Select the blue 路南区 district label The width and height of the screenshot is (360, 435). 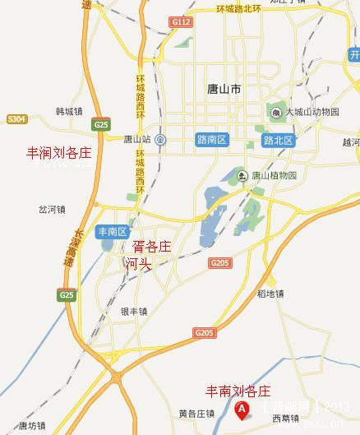(x=212, y=141)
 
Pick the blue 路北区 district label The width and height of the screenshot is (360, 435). (x=279, y=141)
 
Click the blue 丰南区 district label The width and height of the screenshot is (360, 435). (x=113, y=231)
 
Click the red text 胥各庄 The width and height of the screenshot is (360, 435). (x=152, y=246)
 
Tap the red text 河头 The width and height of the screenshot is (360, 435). (x=138, y=263)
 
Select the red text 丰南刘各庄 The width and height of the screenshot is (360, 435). (x=238, y=391)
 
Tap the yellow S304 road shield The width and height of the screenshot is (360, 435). (x=16, y=119)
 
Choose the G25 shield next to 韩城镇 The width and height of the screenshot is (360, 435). (x=101, y=124)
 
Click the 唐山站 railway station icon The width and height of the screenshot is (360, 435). (x=160, y=139)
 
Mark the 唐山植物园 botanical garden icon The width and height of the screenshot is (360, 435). (x=242, y=174)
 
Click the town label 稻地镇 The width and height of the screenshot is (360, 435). (x=270, y=293)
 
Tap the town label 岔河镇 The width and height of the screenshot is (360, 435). (x=52, y=209)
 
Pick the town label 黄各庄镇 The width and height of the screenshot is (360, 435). (x=196, y=414)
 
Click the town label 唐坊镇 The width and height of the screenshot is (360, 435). (x=33, y=425)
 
